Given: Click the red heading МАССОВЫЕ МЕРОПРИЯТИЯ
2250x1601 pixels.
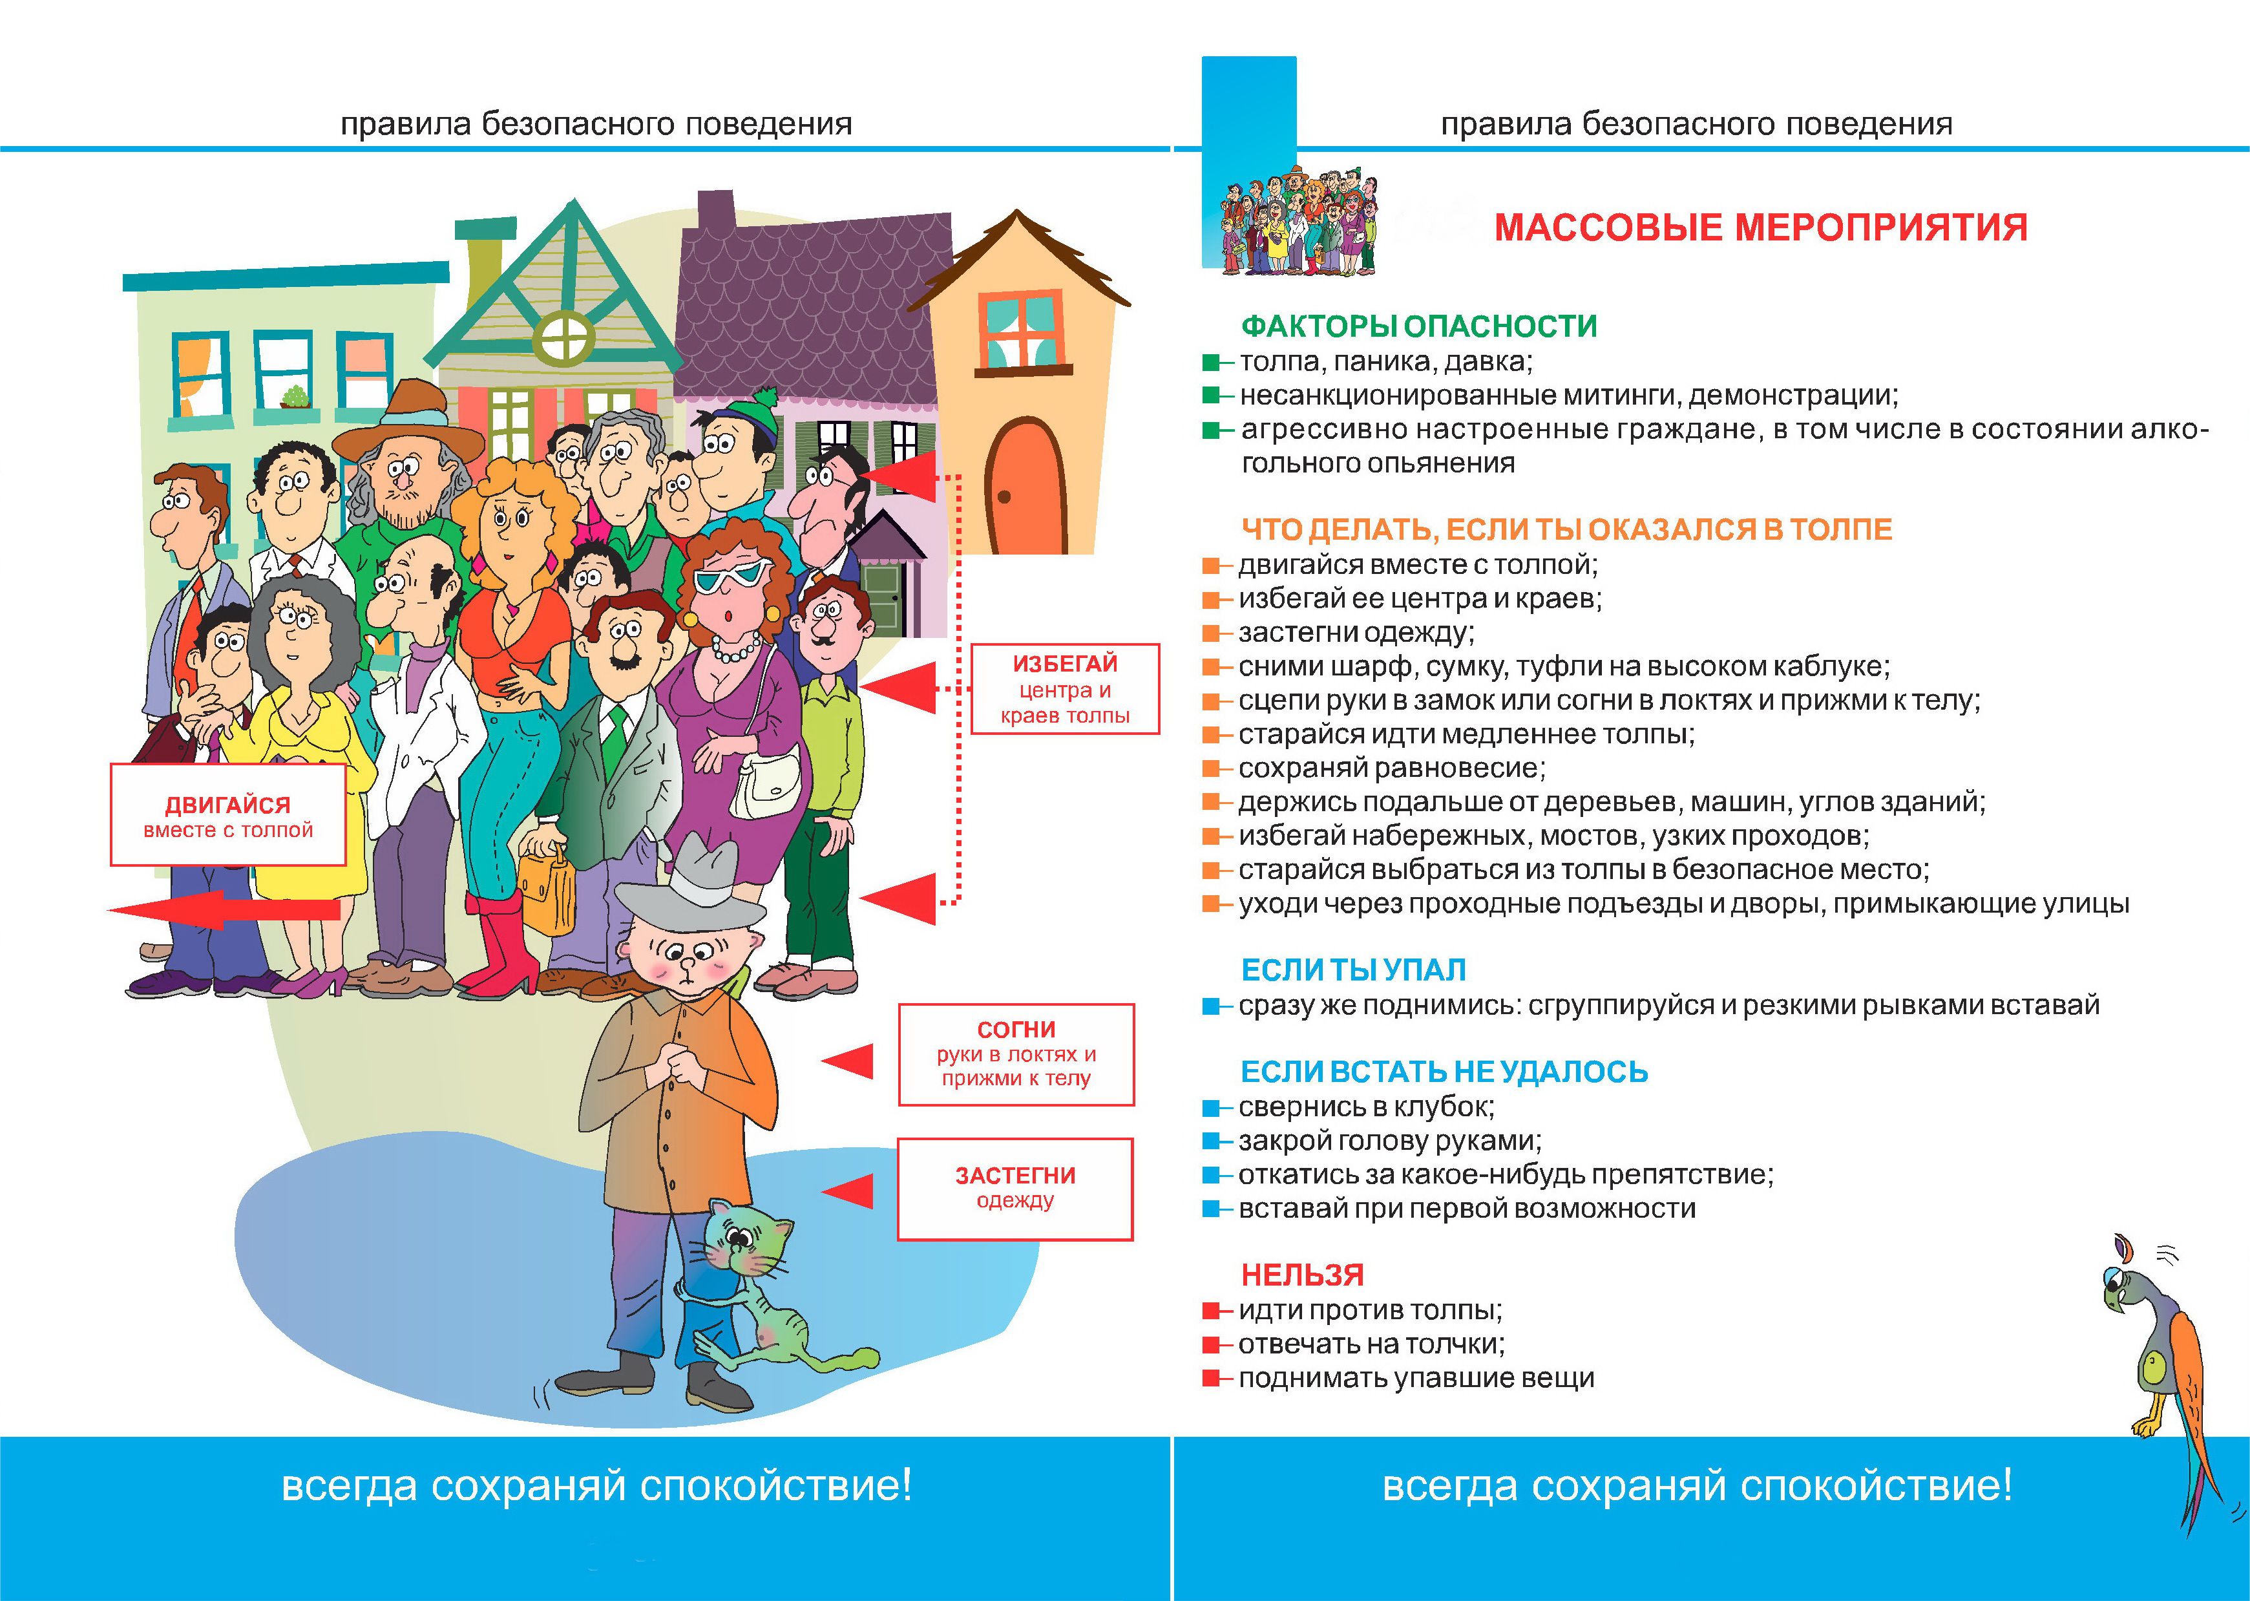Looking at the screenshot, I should click(1760, 228).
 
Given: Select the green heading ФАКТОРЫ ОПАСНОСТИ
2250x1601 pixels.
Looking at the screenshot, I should click(1418, 326).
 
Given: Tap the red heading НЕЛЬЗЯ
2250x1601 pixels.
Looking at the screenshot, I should click(1302, 1275).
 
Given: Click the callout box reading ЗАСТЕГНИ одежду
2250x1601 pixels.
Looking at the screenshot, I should click(1015, 1188).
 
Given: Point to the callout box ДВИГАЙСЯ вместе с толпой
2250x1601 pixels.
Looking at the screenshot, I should click(227, 815).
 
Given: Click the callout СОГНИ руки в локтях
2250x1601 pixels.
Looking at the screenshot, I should click(1016, 1054).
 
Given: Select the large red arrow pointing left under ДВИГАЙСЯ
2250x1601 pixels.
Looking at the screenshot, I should click(227, 909).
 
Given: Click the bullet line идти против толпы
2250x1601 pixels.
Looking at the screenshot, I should click(1370, 1310).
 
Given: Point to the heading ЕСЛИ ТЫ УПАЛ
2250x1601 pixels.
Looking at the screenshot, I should click(1353, 970).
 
